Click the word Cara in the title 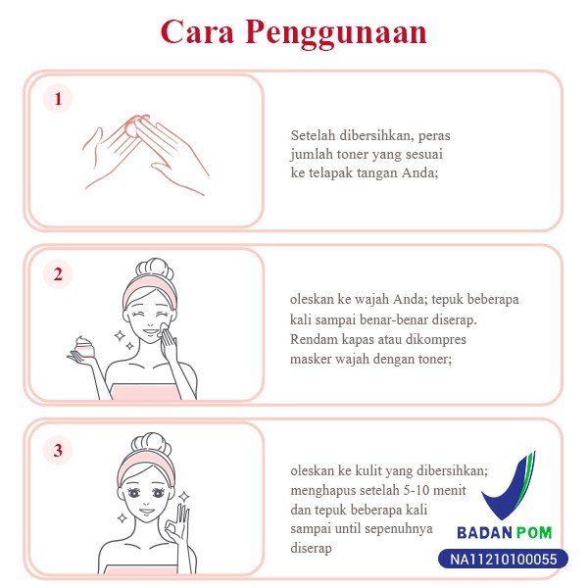pyautogui.click(x=197, y=31)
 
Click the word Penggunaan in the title pyautogui.click(x=336, y=33)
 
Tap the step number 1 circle pyautogui.click(x=58, y=99)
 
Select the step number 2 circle pyautogui.click(x=58, y=274)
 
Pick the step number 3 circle pyautogui.click(x=58, y=450)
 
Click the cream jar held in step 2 pyautogui.click(x=85, y=347)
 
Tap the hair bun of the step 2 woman pyautogui.click(x=154, y=269)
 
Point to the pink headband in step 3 pyautogui.click(x=145, y=465)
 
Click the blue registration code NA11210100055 pyautogui.click(x=504, y=560)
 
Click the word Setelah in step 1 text pyautogui.click(x=313, y=135)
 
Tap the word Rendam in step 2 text pyautogui.click(x=313, y=339)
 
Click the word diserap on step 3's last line pyautogui.click(x=311, y=548)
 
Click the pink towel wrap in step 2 pyautogui.click(x=145, y=392)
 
